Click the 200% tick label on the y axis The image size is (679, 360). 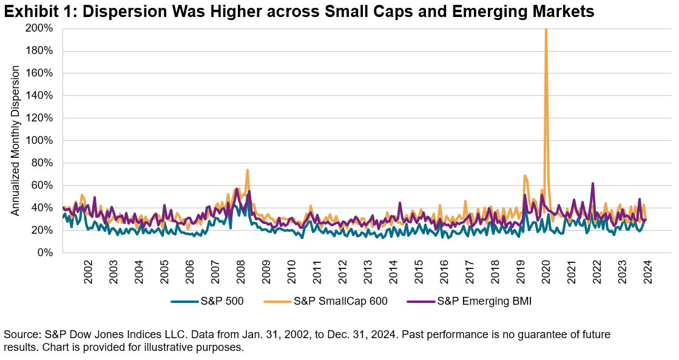coord(39,29)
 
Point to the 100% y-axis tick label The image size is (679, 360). coord(39,140)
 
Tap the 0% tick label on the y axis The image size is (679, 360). coord(44,253)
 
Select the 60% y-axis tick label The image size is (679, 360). coord(42,185)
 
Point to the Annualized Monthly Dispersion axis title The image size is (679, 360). coord(16,140)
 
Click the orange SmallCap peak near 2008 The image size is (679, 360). coord(247,170)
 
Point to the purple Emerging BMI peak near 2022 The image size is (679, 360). coord(592,183)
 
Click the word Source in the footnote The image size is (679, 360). coord(19,335)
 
